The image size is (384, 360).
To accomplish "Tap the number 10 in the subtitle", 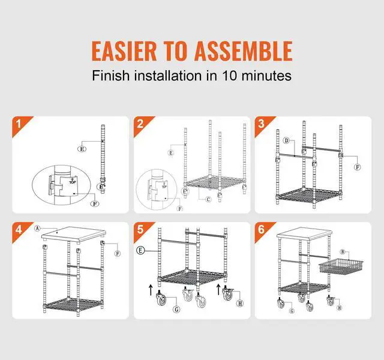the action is point(230,76).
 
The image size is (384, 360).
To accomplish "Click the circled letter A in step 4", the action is point(37,229).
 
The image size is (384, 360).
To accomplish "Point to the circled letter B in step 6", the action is point(343,252).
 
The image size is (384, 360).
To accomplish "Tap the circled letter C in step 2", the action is point(208,199).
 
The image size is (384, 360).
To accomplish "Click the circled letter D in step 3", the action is point(287,140).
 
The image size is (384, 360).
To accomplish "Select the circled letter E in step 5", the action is point(140,250).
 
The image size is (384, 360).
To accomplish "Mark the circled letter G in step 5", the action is point(176,310).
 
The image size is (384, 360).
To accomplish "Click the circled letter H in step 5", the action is point(240,304).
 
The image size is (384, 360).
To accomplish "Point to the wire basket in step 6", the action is point(341,268).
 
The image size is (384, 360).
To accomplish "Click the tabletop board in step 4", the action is point(74,235).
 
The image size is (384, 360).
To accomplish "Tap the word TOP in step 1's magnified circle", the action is point(73,182).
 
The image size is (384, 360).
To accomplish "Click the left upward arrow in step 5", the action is point(151,289).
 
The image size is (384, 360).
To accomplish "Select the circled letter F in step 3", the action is point(358,167).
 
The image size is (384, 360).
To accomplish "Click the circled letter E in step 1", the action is point(82,149).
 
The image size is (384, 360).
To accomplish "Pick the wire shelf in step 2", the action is point(215,182).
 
